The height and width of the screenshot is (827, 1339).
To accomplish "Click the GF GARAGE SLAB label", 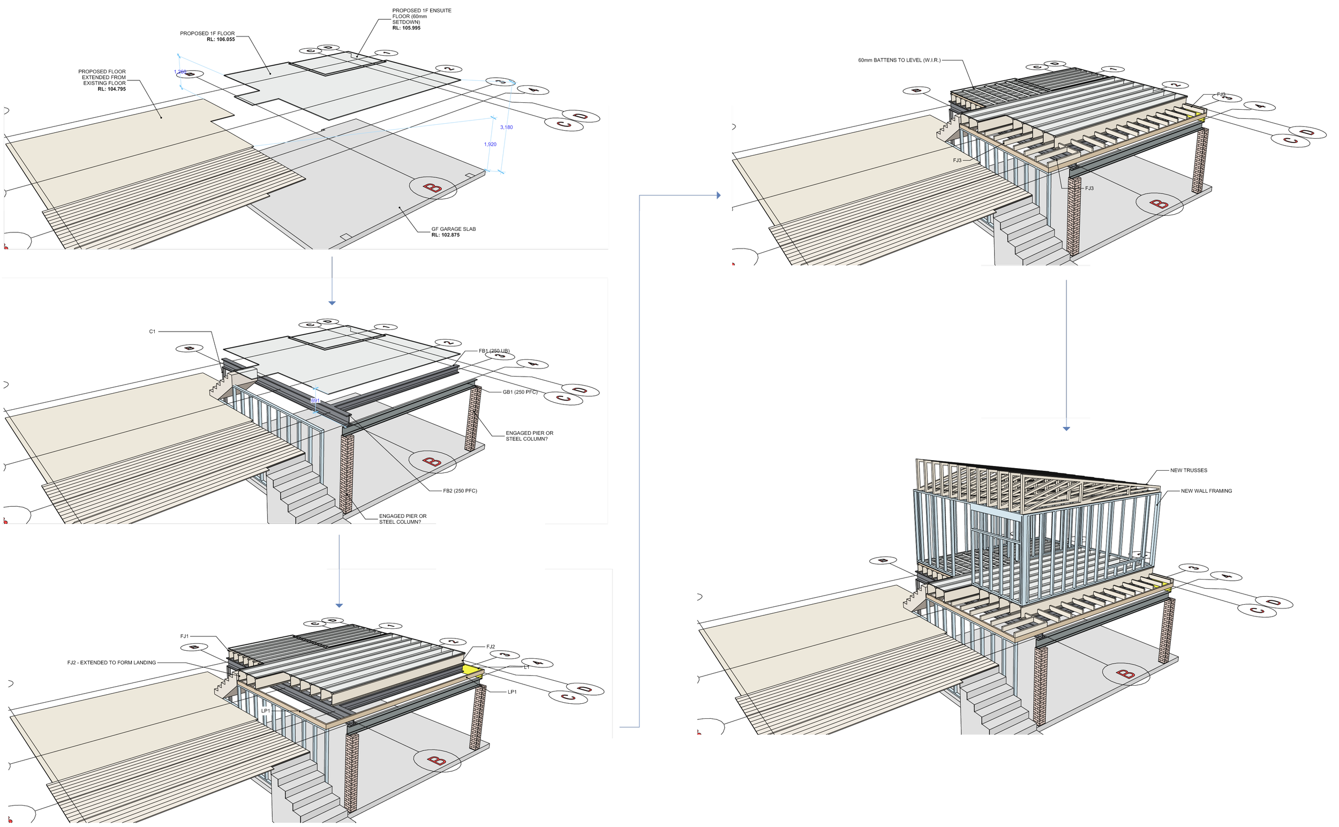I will [x=454, y=229].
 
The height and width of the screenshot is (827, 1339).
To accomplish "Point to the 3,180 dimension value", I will [x=507, y=127].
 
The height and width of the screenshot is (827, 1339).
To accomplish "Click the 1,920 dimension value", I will [x=490, y=145].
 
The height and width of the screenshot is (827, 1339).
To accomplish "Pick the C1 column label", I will [x=152, y=332].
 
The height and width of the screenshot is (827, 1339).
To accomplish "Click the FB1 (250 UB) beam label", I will [x=494, y=351].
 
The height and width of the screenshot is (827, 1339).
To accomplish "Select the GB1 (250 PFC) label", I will [x=520, y=392].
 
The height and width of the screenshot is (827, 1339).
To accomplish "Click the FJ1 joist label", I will [x=184, y=636].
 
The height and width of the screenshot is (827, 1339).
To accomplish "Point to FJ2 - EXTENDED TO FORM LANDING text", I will [x=111, y=663].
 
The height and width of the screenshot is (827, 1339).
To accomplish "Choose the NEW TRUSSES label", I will [x=1188, y=470].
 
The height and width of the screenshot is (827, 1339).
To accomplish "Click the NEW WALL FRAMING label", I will [x=1206, y=491].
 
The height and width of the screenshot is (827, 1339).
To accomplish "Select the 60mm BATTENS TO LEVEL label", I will [x=899, y=60].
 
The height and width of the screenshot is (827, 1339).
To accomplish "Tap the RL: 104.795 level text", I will [x=111, y=89].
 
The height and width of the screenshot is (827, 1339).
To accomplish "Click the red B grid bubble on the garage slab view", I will [x=433, y=188].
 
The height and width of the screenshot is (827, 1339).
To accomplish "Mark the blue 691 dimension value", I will [x=315, y=401].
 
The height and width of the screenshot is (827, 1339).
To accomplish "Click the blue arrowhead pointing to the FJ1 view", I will [x=339, y=605].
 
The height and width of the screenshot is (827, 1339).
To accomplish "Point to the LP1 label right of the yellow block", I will [x=512, y=692].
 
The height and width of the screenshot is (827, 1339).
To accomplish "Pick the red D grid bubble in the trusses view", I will [x=1274, y=603].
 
